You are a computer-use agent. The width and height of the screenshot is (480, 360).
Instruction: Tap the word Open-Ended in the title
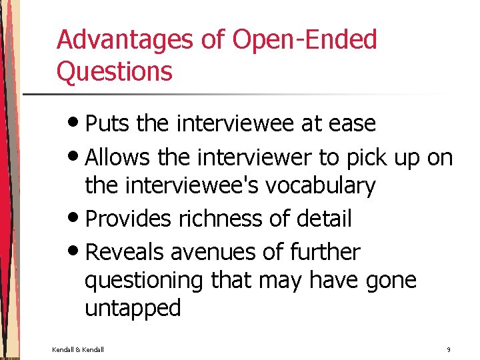(305, 40)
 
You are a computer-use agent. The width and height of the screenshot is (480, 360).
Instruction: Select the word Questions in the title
(115, 71)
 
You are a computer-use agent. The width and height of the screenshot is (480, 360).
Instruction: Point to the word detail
(327, 219)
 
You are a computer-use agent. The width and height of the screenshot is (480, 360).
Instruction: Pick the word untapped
(133, 308)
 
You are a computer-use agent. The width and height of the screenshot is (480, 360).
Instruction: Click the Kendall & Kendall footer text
(78, 349)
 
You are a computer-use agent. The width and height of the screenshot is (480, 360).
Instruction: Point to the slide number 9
(449, 349)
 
